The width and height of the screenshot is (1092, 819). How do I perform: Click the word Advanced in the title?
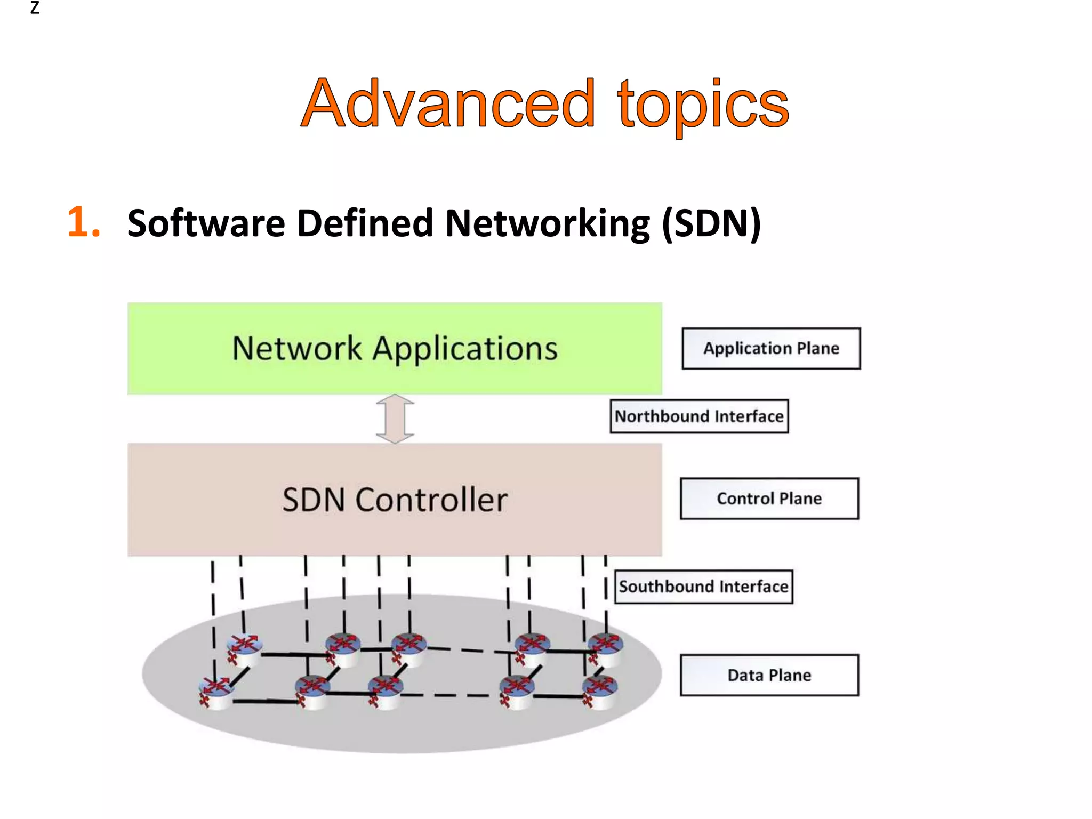[448, 104]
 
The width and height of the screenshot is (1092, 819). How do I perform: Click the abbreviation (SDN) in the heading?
[711, 223]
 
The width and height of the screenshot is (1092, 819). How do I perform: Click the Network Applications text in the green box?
[395, 349]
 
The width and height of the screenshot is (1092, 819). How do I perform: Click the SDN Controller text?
[395, 500]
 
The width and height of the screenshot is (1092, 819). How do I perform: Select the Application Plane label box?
[770, 348]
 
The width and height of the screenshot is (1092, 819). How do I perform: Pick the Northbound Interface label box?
[698, 416]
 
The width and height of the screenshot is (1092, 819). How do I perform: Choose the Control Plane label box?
[769, 499]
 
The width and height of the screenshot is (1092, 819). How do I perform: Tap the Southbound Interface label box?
[703, 587]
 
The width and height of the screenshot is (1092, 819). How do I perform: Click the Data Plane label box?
[769, 675]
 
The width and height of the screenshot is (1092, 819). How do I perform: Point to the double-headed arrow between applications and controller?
[395, 419]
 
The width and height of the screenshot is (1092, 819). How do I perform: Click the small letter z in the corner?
[35, 8]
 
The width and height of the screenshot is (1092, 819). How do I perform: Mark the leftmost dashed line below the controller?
[213, 597]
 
